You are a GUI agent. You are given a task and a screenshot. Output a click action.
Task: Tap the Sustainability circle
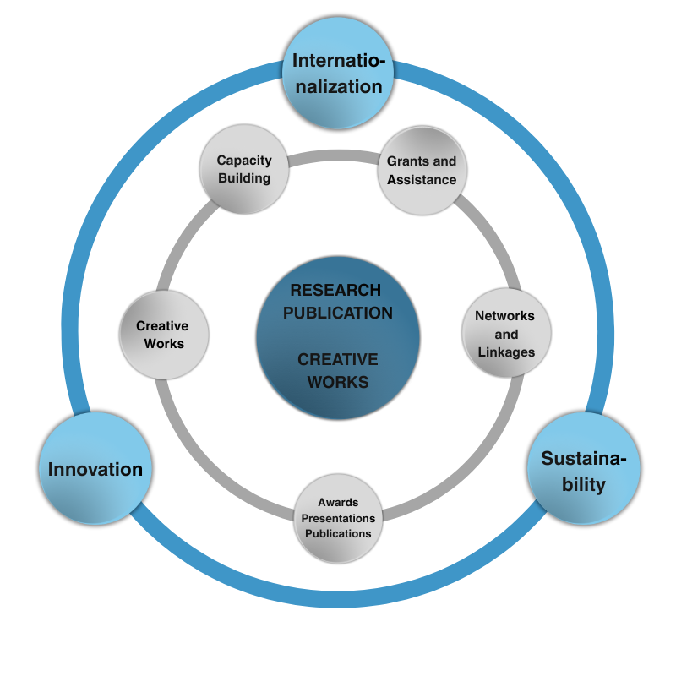[584, 470]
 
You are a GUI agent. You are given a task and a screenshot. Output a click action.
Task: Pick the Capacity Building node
[243, 170]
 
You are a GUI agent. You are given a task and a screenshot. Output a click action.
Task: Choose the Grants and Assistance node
[422, 170]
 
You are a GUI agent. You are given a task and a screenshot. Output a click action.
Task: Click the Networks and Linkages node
[506, 333]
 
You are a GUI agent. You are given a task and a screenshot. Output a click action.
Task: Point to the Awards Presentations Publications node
[338, 518]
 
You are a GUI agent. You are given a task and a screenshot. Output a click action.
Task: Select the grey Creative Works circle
[162, 335]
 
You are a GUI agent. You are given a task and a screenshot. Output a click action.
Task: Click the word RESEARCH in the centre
[335, 290]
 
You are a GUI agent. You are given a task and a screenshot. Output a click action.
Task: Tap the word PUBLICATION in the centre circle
[338, 313]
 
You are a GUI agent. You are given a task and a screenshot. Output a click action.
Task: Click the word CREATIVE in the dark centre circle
[338, 360]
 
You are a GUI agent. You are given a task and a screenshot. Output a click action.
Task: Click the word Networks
[505, 315]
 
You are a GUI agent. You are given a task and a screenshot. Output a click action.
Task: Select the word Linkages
[506, 352]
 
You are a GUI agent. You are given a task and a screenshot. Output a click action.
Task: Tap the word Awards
[338, 503]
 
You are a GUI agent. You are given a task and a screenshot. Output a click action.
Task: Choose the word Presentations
[338, 518]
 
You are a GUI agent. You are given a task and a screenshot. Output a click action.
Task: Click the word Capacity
[244, 160]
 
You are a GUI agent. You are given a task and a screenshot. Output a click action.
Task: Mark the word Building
[244, 178]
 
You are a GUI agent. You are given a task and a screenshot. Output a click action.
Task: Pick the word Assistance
[422, 179]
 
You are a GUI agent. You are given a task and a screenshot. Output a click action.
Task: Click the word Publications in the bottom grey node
[338, 533]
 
